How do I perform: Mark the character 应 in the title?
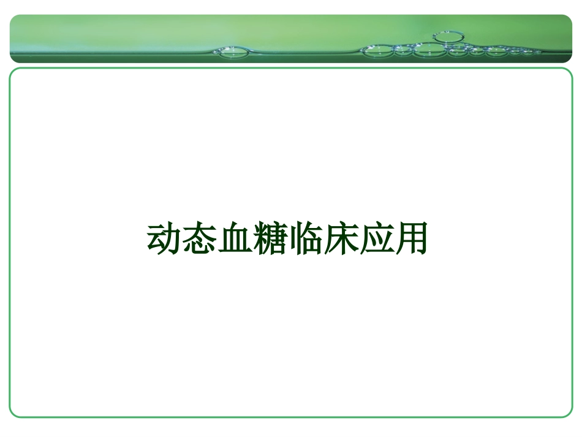pyautogui.click(x=375, y=238)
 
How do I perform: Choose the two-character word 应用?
pyautogui.click(x=393, y=238)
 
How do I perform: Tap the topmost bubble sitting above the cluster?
pyautogui.click(x=449, y=37)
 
